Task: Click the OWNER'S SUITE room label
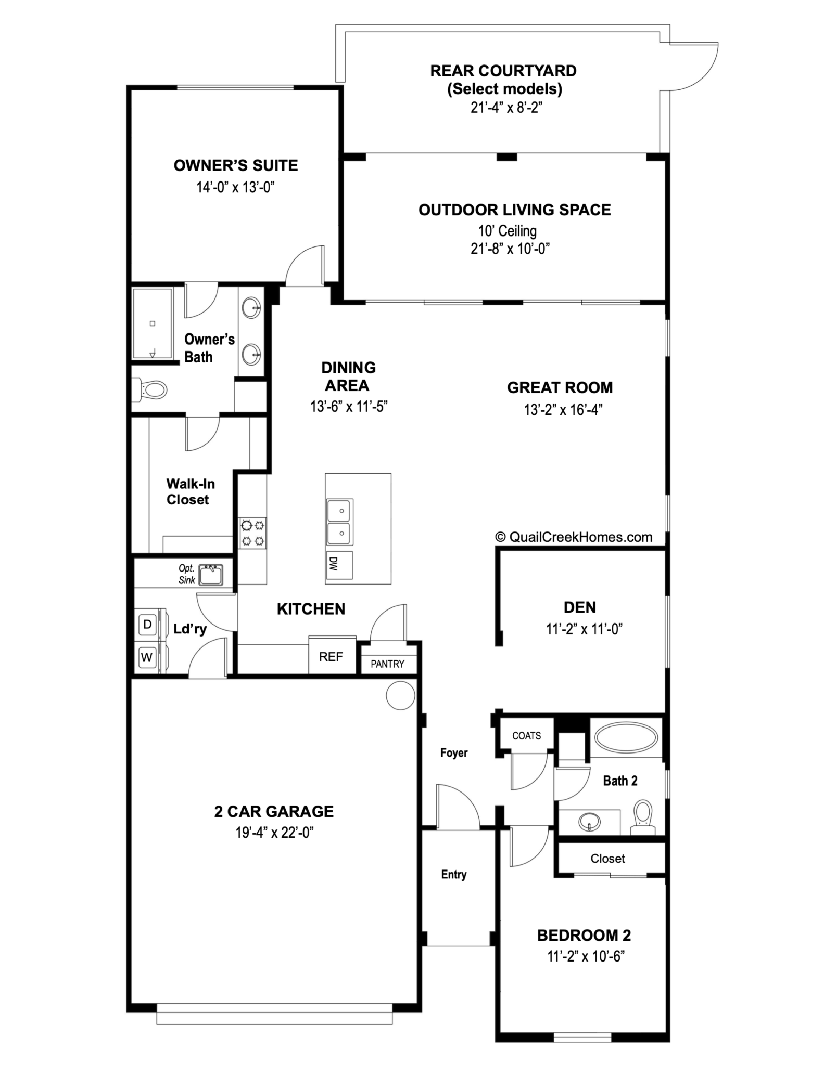[x=236, y=165]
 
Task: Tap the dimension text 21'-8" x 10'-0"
[x=510, y=249]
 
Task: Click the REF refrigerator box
[x=331, y=657]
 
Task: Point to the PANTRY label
[x=387, y=664]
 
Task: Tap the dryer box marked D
[x=147, y=624]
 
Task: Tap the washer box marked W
[x=147, y=657]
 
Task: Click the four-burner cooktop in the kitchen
[x=252, y=533]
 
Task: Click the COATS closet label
[x=526, y=736]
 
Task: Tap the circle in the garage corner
[x=400, y=695]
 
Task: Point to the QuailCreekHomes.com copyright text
[x=574, y=537]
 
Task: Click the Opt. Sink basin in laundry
[x=211, y=575]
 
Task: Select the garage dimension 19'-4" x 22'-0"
[x=274, y=833]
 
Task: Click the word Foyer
[x=453, y=752]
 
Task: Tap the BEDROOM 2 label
[x=584, y=936]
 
